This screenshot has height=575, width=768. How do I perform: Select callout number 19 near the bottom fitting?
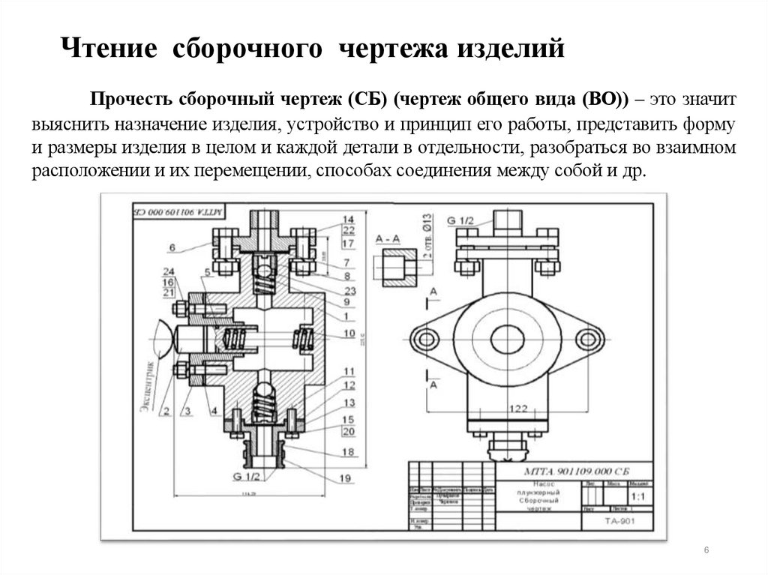(x=345, y=478)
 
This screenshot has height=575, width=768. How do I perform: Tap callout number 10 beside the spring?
(x=349, y=332)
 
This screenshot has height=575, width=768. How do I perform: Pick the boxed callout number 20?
(x=348, y=431)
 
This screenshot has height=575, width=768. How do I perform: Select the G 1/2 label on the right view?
(x=461, y=221)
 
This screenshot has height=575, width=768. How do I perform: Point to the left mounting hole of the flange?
(x=427, y=340)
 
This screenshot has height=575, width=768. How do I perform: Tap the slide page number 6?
(x=706, y=551)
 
